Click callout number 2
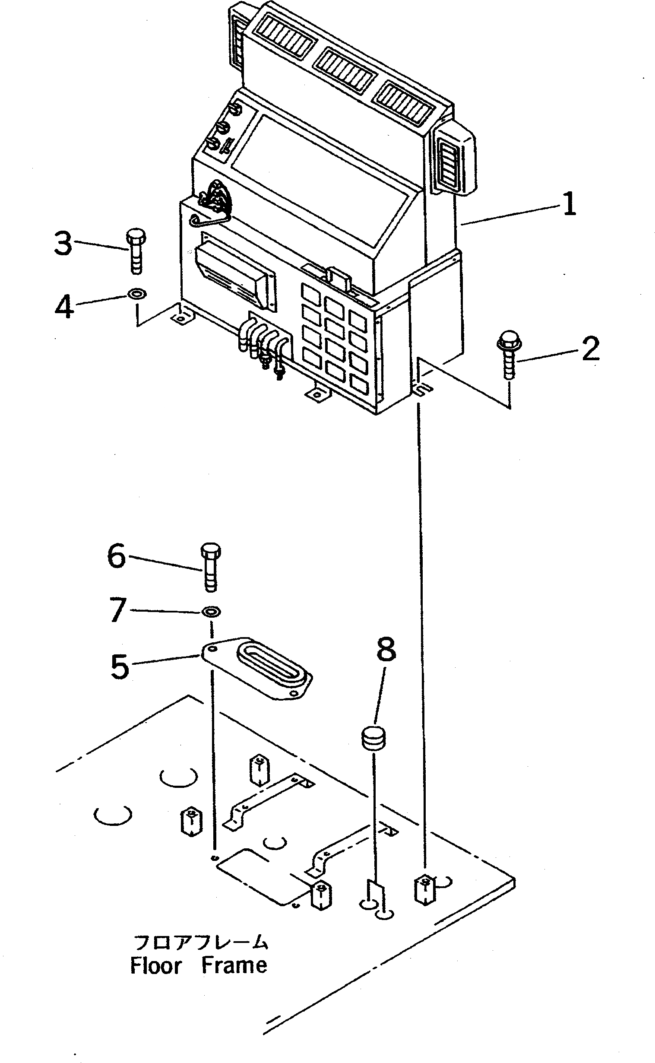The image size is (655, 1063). click(590, 349)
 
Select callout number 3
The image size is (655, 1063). click(63, 244)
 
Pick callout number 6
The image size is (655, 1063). click(117, 556)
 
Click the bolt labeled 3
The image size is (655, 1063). click(136, 252)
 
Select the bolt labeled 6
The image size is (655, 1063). click(211, 568)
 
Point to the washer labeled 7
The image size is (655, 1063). click(211, 612)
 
